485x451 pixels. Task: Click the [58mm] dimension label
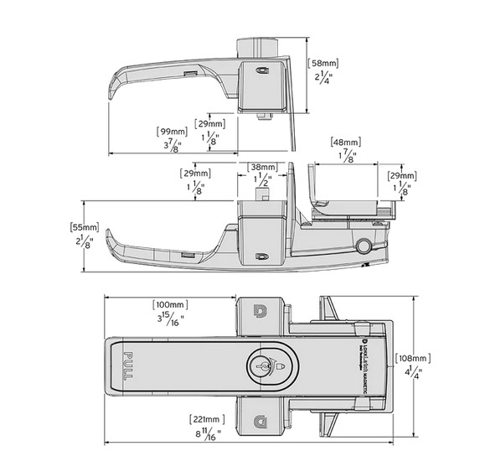click(323, 63)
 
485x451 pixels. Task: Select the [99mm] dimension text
click(172, 131)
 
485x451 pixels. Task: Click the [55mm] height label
click(85, 227)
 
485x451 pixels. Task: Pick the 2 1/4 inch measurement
click(323, 79)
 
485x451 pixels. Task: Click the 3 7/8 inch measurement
click(172, 147)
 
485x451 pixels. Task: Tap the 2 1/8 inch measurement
click(85, 243)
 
